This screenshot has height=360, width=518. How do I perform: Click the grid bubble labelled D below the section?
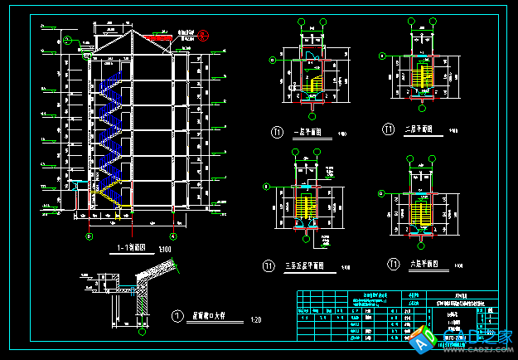(x=89, y=235)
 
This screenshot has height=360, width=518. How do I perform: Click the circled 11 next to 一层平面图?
(x=278, y=132)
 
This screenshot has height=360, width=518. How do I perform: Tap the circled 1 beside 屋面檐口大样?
(x=177, y=315)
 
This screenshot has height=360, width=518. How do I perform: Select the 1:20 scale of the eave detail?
(x=255, y=320)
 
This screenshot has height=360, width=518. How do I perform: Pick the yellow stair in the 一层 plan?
(x=314, y=82)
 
